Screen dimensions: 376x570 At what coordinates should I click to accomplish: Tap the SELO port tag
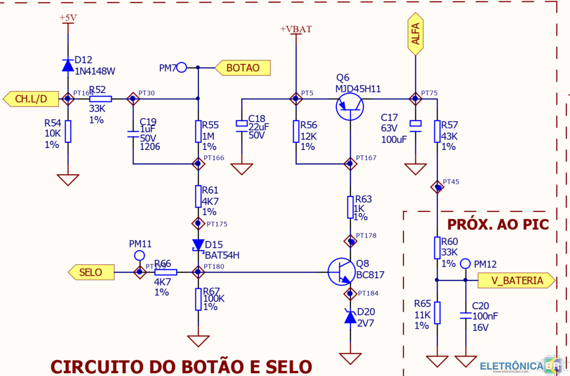point(91,272)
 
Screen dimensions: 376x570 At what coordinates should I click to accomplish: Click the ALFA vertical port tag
point(416,35)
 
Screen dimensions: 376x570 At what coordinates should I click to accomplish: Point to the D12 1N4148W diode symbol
point(68,64)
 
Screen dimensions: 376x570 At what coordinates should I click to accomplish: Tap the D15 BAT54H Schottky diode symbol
point(198,246)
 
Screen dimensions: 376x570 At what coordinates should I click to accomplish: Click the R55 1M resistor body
point(198,131)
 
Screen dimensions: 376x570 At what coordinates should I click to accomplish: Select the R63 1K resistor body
point(351,207)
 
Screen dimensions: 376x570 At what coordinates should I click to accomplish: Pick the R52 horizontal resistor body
point(100,99)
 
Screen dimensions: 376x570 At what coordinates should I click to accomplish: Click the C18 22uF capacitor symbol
point(242,124)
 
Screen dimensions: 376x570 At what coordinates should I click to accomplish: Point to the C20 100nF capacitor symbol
point(466,314)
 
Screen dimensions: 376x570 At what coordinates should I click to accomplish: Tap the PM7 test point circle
point(181,68)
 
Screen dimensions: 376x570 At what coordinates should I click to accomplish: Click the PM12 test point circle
point(466,264)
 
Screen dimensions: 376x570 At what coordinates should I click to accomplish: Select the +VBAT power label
point(296,30)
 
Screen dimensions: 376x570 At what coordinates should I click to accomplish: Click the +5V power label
point(68,18)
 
